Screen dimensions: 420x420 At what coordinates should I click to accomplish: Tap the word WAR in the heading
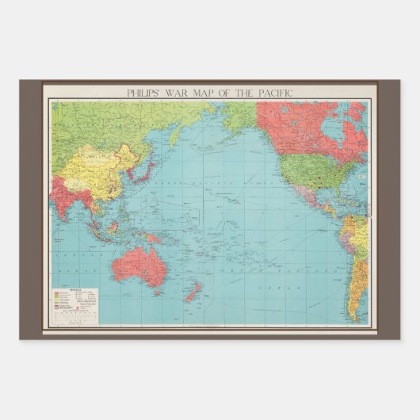pos(183,93)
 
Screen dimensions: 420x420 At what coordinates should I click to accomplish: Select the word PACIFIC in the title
pos(273,93)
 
